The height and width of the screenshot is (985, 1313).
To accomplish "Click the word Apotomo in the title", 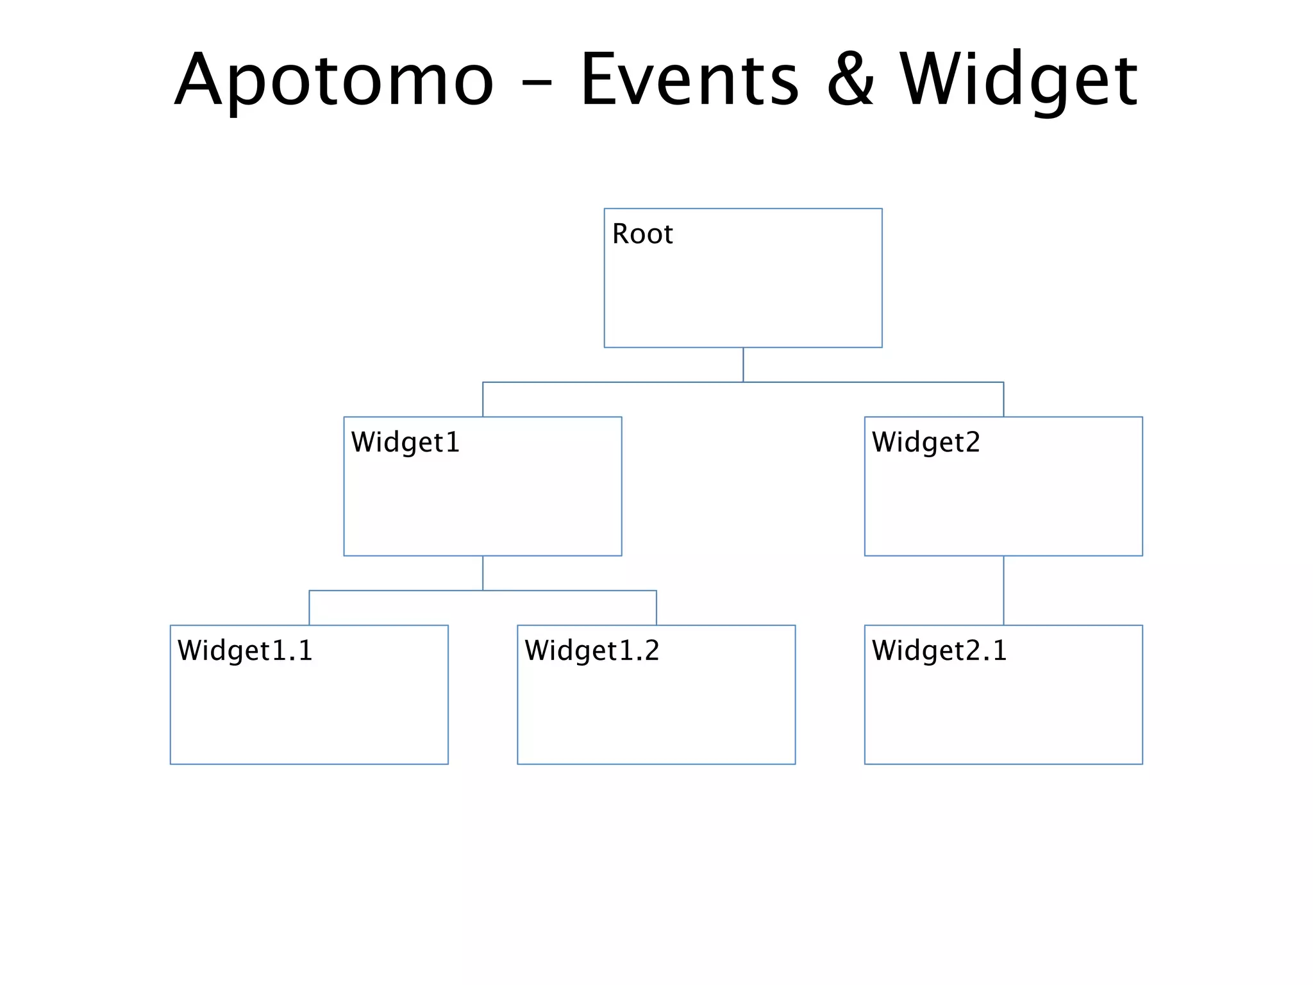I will pyautogui.click(x=334, y=80).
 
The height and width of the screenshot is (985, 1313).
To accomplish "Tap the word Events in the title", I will pyautogui.click(x=689, y=80).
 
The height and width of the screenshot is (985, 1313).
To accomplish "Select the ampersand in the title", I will pyautogui.click(x=850, y=80).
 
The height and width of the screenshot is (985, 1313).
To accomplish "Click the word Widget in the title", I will pyautogui.click(x=1018, y=80).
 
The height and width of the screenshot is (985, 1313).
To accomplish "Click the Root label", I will pyautogui.click(x=642, y=234).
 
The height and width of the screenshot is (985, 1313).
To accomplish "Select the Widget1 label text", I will pyautogui.click(x=405, y=442).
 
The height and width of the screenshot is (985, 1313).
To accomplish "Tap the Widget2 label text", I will pyautogui.click(x=926, y=442).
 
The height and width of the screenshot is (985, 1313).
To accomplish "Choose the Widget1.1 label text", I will pyautogui.click(x=245, y=651).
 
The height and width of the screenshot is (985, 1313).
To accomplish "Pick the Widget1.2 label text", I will pyautogui.click(x=592, y=651).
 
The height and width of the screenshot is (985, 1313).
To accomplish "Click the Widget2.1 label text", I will pyautogui.click(x=939, y=651).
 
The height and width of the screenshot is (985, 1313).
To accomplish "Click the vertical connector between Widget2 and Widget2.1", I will pyautogui.click(x=1003, y=590).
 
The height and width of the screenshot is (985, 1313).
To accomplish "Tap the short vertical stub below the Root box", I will pyautogui.click(x=743, y=365).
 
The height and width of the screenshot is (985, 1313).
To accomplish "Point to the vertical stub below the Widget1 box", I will pyautogui.click(x=483, y=573).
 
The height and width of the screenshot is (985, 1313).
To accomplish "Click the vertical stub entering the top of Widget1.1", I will pyautogui.click(x=310, y=608).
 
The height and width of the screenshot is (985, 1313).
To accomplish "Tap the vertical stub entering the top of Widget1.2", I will pyautogui.click(x=656, y=608).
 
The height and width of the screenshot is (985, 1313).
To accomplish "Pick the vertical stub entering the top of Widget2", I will pyautogui.click(x=1003, y=400).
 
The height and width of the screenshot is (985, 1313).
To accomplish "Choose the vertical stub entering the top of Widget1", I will pyautogui.click(x=483, y=400).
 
